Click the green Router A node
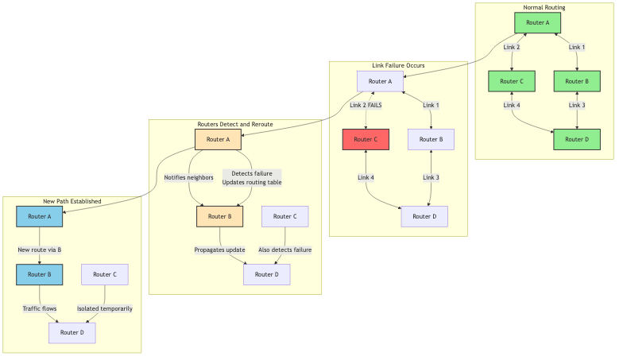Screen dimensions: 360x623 click(x=537, y=22)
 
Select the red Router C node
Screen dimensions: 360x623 click(x=366, y=139)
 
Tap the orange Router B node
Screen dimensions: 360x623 click(x=219, y=216)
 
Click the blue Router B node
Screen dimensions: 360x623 click(x=40, y=274)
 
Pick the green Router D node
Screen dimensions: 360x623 click(x=577, y=139)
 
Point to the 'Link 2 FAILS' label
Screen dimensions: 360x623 click(x=366, y=105)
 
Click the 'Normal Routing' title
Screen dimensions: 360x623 click(x=544, y=7)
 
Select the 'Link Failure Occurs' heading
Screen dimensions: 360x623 click(x=398, y=65)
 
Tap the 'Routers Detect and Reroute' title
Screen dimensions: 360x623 click(x=235, y=124)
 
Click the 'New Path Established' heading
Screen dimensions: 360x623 click(x=72, y=201)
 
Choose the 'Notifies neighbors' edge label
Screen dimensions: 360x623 click(x=189, y=177)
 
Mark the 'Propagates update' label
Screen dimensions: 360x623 click(x=219, y=250)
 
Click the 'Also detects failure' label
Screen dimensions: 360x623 click(x=284, y=250)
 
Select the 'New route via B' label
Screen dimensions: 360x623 click(x=40, y=250)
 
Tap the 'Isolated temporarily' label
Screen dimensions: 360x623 click(x=105, y=308)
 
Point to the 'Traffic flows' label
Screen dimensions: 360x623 click(x=40, y=308)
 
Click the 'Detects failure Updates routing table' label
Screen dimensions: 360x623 click(x=251, y=177)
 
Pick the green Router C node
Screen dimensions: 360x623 click(x=512, y=81)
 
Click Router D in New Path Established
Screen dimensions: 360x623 click(x=72, y=332)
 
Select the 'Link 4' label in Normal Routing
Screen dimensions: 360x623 click(x=512, y=105)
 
